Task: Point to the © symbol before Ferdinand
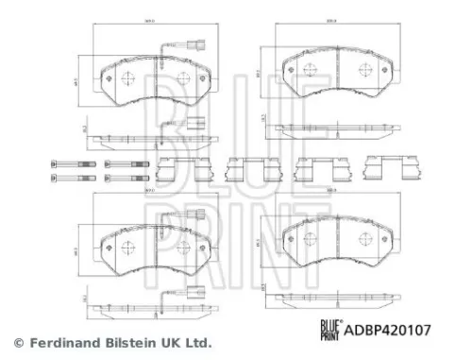(17, 342)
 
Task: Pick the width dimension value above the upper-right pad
(330, 19)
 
